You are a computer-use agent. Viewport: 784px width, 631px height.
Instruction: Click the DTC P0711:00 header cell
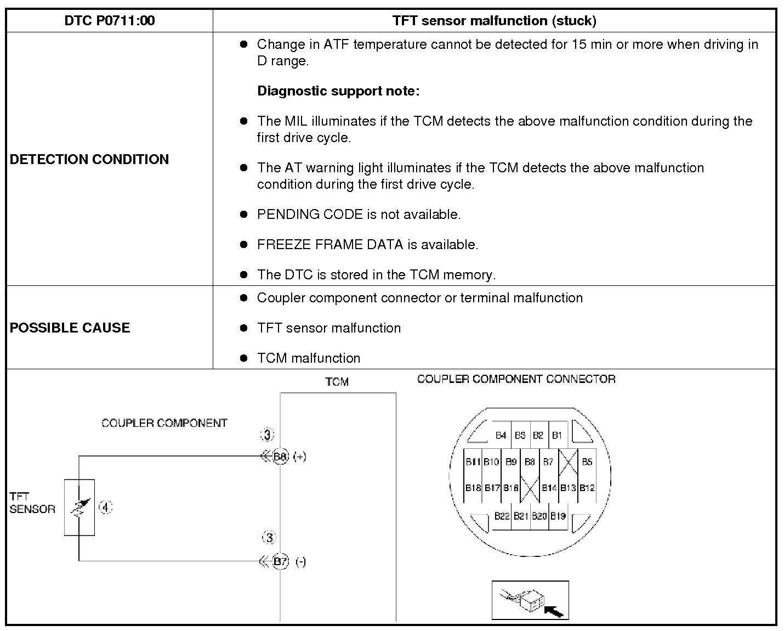[110, 21]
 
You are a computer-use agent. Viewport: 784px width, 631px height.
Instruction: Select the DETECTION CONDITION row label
[89, 159]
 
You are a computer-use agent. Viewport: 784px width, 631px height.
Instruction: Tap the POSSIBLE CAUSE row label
[70, 328]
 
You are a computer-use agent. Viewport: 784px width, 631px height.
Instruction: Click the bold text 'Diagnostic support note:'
[338, 91]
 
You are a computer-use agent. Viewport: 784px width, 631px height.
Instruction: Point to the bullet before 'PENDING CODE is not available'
[244, 215]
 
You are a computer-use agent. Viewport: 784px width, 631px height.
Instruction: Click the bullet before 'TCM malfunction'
[244, 358]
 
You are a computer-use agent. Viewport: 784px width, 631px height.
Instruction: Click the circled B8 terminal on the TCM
[280, 456]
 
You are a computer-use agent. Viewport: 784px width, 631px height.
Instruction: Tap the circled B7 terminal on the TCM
[280, 561]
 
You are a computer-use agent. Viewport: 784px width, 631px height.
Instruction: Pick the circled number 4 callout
[105, 508]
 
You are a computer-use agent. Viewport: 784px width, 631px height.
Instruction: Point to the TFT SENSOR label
[32, 503]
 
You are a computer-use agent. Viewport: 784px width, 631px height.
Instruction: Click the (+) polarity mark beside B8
[300, 456]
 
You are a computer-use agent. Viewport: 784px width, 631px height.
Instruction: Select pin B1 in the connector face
[557, 435]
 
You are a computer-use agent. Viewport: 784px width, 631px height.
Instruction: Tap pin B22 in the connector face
[502, 516]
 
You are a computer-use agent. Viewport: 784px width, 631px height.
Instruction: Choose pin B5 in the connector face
[587, 461]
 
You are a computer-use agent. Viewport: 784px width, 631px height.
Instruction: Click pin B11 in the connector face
[473, 461]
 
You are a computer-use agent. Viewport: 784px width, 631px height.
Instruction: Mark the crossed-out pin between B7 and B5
[568, 461]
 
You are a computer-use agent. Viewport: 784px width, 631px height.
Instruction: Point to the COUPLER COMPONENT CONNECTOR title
[516, 379]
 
